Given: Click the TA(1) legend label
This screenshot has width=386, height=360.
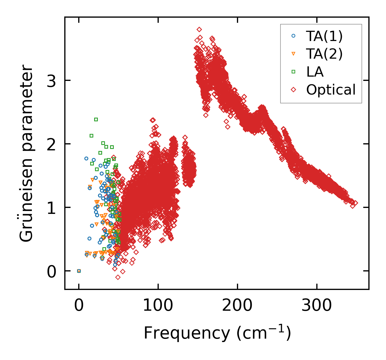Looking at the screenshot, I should [324, 36].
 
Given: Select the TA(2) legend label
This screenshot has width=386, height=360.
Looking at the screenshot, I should [324, 54].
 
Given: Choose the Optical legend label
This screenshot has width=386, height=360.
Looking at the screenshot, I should [331, 90].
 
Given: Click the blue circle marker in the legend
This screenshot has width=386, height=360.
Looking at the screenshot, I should [294, 36].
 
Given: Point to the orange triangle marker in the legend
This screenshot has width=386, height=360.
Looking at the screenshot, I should [294, 54].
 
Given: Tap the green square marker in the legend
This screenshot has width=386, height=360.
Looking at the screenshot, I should [294, 72].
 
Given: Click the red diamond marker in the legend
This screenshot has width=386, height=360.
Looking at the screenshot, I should [294, 90].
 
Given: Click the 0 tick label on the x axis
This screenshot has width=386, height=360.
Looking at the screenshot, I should [79, 306].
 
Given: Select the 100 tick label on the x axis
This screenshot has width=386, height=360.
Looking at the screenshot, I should [158, 306].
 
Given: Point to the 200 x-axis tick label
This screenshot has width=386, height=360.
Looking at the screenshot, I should [237, 306].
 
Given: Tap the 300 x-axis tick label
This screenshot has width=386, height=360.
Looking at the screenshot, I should [317, 306].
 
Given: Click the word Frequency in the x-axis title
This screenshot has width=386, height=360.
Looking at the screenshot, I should [186, 333].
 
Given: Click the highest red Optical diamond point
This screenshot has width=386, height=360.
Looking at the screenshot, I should [199, 29].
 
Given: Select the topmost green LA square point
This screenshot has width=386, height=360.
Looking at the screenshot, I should [96, 119].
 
